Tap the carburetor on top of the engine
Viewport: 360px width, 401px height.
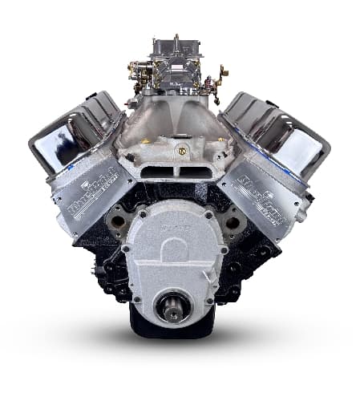pos(177,69)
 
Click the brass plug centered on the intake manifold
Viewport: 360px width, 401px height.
pos(183,149)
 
